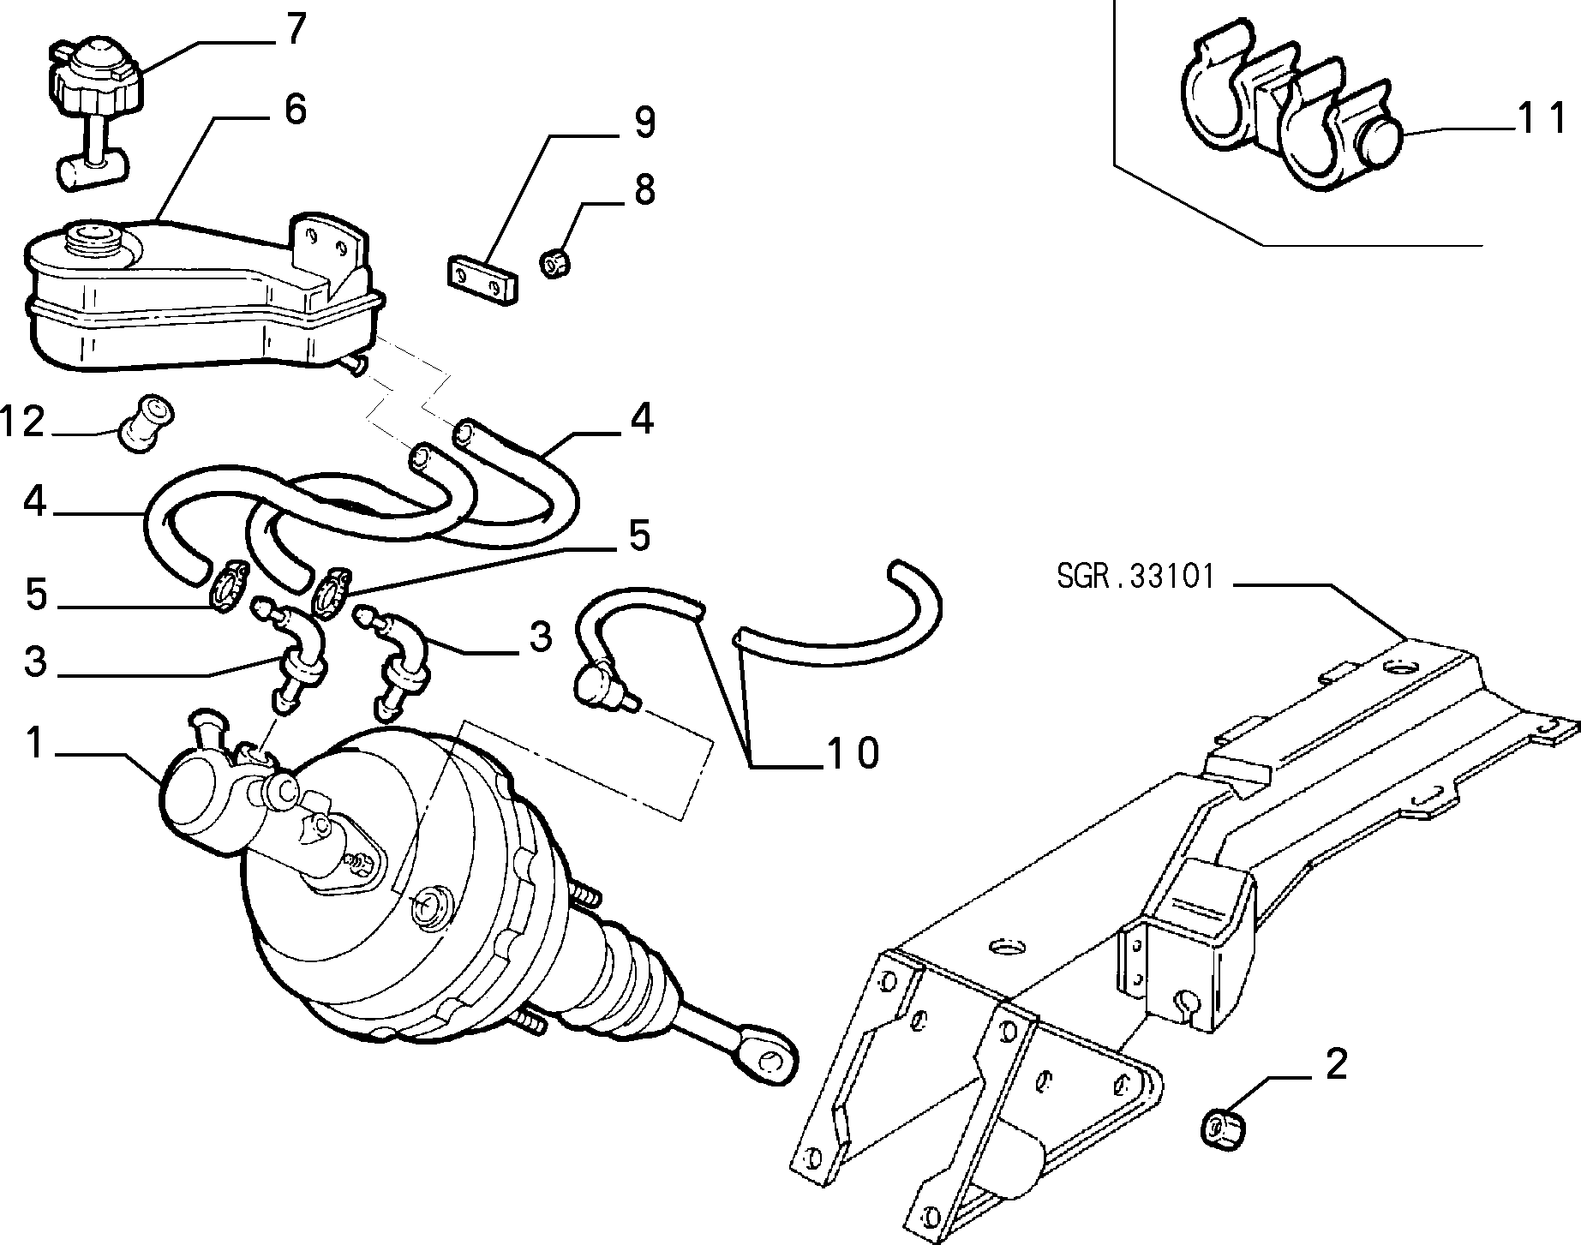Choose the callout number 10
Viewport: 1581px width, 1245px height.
click(852, 752)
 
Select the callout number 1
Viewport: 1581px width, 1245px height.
click(33, 742)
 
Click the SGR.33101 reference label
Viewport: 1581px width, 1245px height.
click(1136, 576)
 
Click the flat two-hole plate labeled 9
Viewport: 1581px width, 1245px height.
click(484, 277)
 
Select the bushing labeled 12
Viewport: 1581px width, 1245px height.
click(146, 422)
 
